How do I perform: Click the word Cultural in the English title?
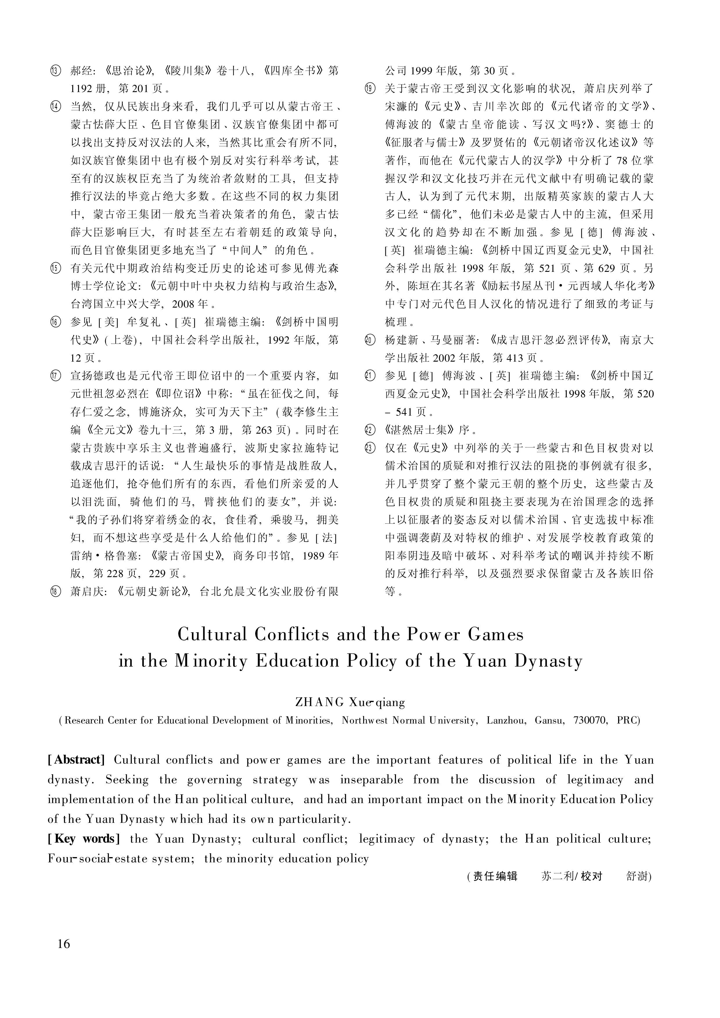pos(212,635)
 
